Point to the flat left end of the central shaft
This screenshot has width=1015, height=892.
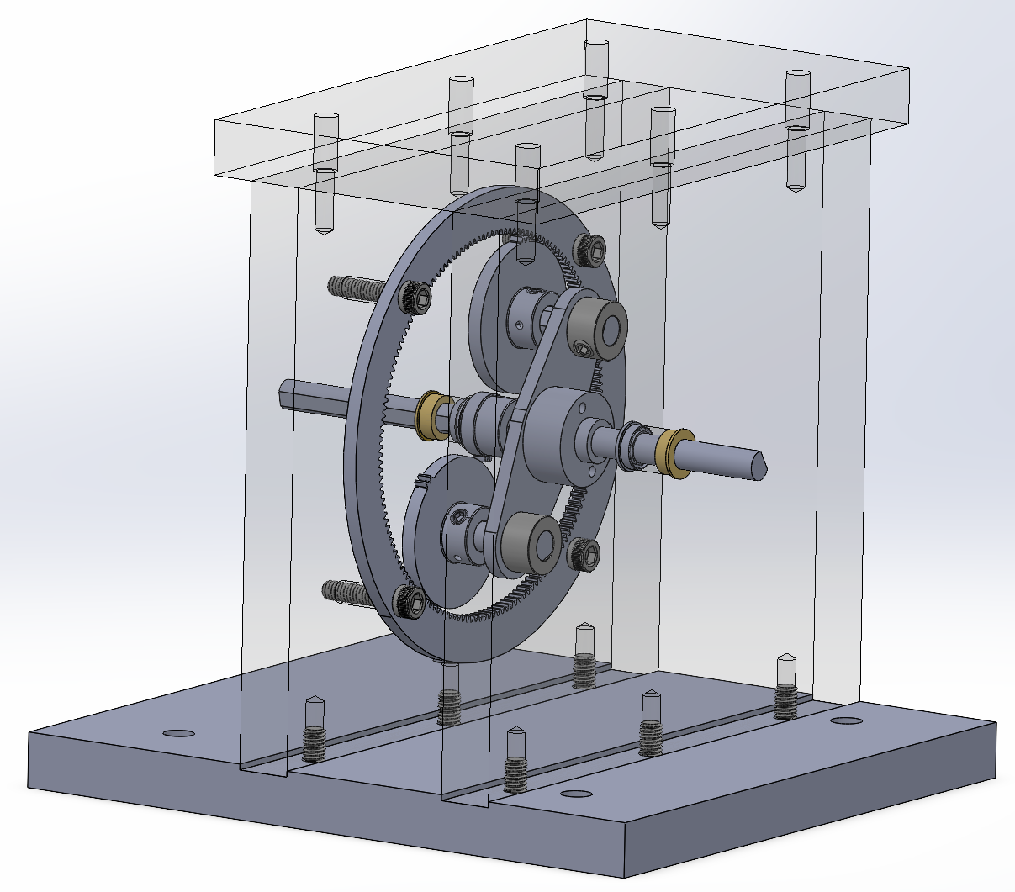coord(284,393)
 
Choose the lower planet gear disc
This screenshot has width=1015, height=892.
coord(433,513)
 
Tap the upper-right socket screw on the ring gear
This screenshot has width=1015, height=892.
coord(589,247)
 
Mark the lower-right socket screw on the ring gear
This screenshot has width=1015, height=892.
coord(583,552)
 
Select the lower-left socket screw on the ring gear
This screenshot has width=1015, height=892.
coord(410,601)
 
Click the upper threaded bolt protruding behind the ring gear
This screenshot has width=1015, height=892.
coord(353,288)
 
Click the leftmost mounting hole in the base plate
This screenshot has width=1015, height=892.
coord(178,733)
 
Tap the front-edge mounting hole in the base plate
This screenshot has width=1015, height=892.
coord(575,794)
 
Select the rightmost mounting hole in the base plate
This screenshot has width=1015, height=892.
coord(845,720)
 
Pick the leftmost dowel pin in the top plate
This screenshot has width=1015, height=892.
coord(325,172)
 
